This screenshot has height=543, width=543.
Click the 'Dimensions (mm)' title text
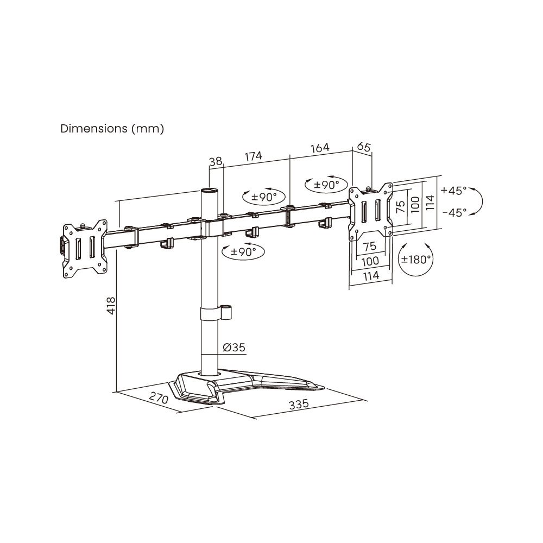[x=112, y=129]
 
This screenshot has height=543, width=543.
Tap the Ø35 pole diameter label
[x=234, y=348]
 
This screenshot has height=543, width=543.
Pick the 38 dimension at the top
[x=215, y=161]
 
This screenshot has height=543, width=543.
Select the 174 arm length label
[x=253, y=156]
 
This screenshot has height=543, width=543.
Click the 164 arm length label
[x=320, y=148]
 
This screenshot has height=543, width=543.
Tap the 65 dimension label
[x=363, y=147]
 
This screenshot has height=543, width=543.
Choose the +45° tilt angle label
[x=453, y=191]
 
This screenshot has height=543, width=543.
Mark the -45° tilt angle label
[x=453, y=213]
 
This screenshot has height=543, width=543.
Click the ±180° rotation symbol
[x=416, y=260]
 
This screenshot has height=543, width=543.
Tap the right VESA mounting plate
[x=370, y=211]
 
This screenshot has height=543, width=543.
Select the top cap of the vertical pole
[x=208, y=191]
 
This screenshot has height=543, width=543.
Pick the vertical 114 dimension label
[x=430, y=203]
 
